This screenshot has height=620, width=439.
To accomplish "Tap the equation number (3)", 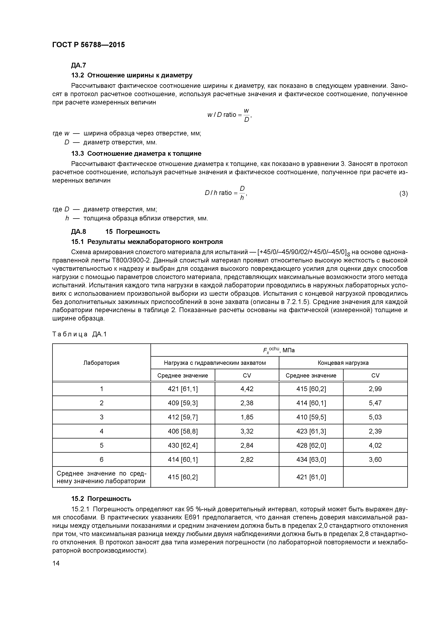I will click(403, 193).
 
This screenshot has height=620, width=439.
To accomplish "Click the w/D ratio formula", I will click(229, 115).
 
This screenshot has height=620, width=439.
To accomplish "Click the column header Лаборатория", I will click(101, 363).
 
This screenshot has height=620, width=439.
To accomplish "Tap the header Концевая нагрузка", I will click(343, 363).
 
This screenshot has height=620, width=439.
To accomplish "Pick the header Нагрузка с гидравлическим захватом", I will click(215, 363).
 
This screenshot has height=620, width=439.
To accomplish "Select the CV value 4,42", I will click(247, 389).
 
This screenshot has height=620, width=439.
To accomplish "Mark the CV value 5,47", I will click(375, 403).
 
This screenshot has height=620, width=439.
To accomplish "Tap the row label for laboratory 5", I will click(101, 445).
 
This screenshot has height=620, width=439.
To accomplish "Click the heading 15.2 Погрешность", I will click(101, 498).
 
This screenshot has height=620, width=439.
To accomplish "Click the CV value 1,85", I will click(247, 417).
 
